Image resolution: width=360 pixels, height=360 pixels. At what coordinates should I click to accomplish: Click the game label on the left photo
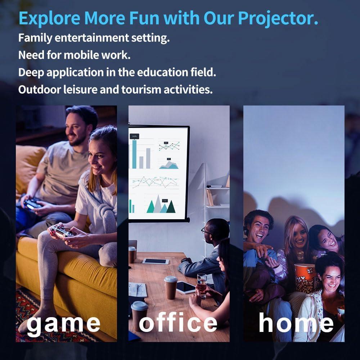[x=64, y=323]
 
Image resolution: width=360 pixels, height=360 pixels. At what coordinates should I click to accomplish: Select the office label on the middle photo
[x=178, y=323]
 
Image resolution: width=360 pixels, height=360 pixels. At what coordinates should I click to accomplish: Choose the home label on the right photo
[x=296, y=323]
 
